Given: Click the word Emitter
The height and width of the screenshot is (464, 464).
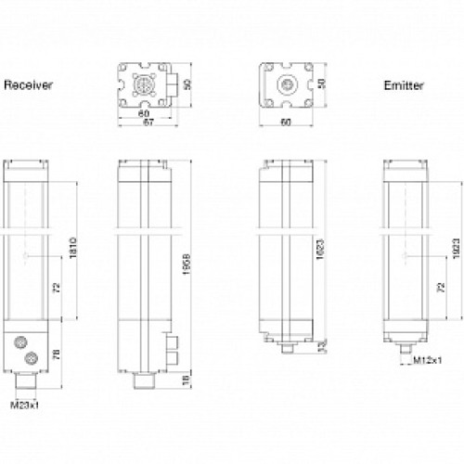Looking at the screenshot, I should coord(405,85).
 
